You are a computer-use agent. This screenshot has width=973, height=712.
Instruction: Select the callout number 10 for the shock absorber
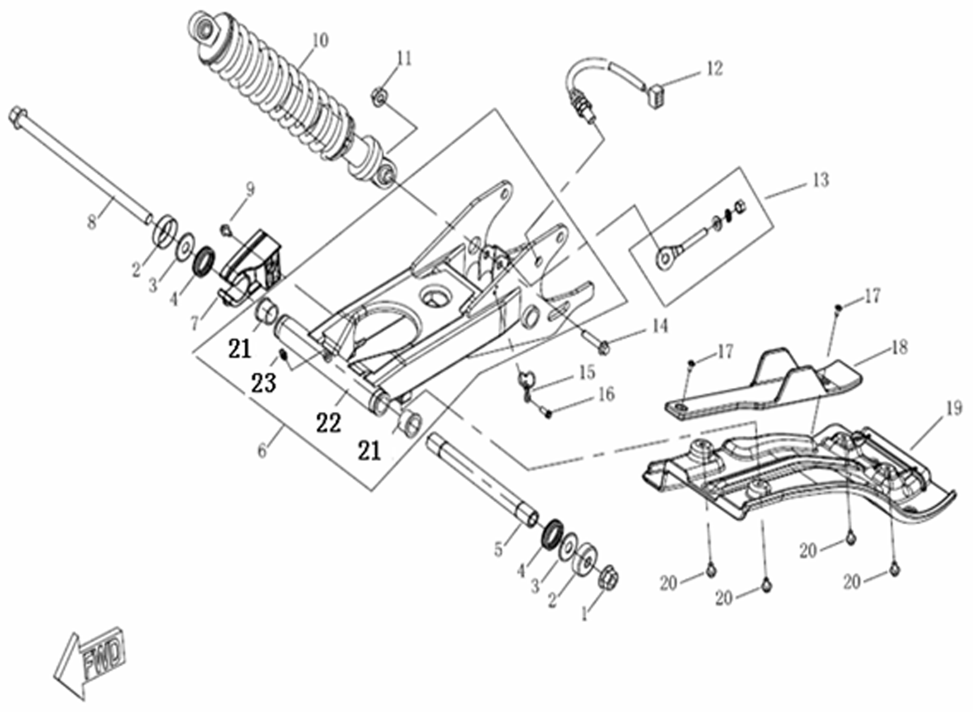[320, 41]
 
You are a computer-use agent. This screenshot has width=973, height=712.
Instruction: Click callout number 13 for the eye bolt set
[821, 180]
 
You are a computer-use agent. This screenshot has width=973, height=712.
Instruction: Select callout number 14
[660, 326]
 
